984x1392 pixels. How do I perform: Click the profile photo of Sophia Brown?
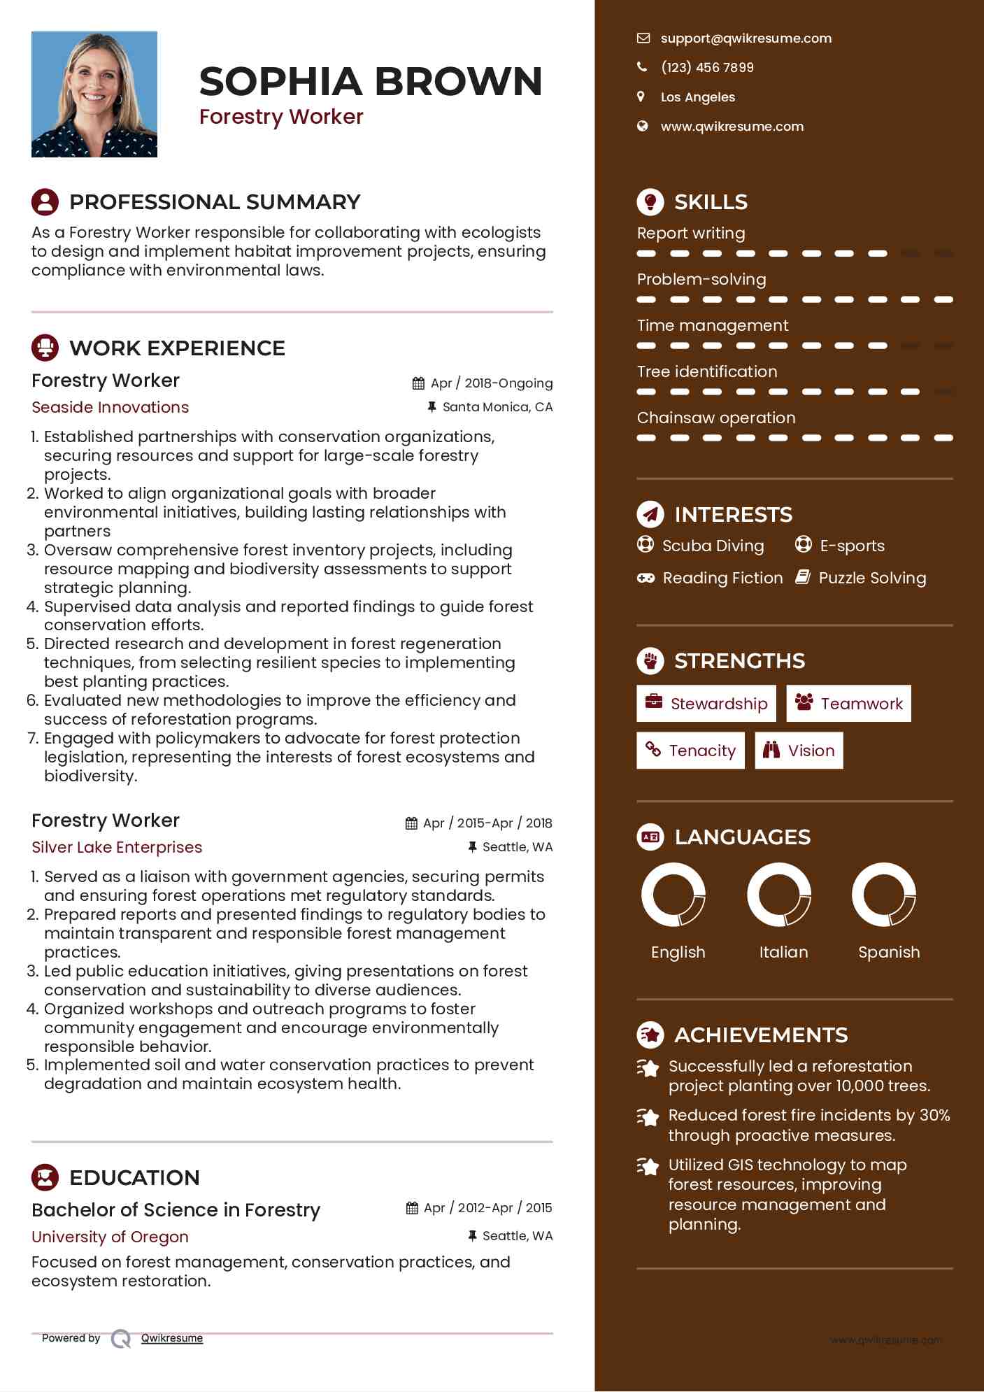[x=94, y=94]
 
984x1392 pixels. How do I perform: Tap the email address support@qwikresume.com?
[x=746, y=38]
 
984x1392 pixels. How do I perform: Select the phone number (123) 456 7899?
[x=707, y=68]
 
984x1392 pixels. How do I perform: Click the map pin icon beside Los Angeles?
[x=641, y=97]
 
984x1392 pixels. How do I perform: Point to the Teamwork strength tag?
[x=848, y=703]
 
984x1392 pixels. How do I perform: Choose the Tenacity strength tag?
[x=690, y=751]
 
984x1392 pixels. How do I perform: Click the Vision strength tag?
[x=799, y=751]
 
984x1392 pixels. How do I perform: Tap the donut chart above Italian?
[x=779, y=895]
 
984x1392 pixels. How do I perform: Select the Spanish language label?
[x=889, y=952]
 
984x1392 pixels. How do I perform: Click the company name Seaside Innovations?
[x=110, y=407]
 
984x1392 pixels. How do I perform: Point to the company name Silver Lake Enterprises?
[x=117, y=847]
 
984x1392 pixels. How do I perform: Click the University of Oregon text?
[x=110, y=1237]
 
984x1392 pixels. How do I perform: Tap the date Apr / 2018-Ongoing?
[x=491, y=383]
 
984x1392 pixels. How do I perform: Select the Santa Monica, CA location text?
[x=497, y=407]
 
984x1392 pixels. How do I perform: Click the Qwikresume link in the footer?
[x=172, y=1338]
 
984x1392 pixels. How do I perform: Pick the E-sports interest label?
[x=852, y=546]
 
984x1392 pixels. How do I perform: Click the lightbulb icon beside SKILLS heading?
[x=650, y=201]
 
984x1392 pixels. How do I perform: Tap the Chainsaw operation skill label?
[x=716, y=418]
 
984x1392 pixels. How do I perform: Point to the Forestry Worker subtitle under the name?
[x=281, y=117]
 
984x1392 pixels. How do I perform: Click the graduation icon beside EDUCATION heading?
[x=45, y=1177]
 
